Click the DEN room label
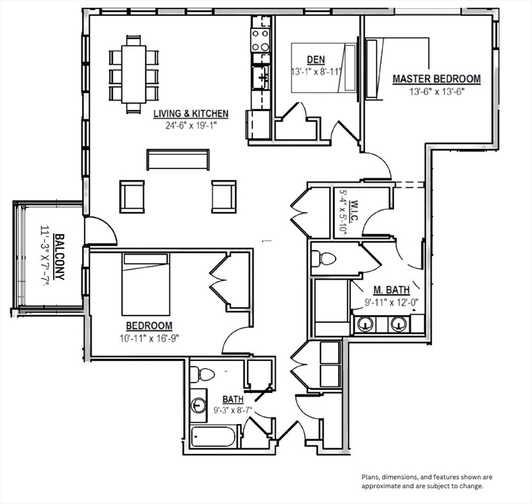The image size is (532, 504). click(x=316, y=60)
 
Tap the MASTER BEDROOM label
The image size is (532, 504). click(x=437, y=79)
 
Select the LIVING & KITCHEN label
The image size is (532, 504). click(x=190, y=114)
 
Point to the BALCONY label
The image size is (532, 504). click(x=60, y=257)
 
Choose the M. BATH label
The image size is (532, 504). click(x=391, y=290)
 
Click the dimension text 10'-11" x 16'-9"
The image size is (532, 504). click(x=149, y=338)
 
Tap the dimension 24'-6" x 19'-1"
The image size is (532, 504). click(x=190, y=126)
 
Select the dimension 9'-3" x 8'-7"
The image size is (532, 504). click(x=233, y=410)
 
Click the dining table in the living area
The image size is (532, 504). click(x=134, y=74)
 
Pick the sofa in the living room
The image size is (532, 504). click(x=178, y=159)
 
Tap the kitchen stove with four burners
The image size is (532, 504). click(x=260, y=40)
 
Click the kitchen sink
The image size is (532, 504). click(x=260, y=77)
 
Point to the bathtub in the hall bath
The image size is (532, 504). click(x=213, y=436)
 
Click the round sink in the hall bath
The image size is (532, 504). click(x=198, y=406)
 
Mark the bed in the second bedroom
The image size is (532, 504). click(x=146, y=284)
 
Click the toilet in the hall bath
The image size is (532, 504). click(x=202, y=375)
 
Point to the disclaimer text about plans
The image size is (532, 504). click(x=426, y=482)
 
